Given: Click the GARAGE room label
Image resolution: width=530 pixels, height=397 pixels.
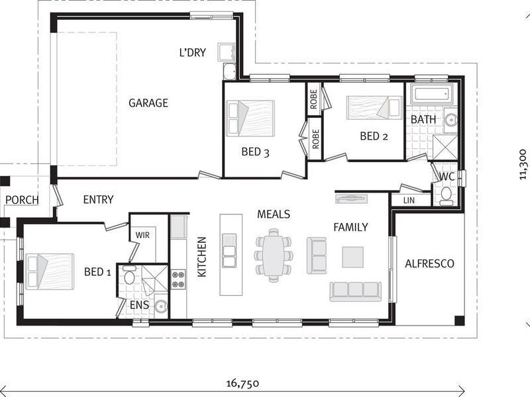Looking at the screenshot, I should click(148, 103).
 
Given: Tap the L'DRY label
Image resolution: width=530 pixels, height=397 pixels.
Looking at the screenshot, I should click(193, 52).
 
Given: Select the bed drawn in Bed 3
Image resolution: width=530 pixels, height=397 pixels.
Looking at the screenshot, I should click(250, 118).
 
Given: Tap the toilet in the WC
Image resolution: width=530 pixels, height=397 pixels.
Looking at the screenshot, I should click(446, 194).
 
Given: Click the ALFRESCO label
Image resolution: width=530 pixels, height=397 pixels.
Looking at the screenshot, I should click(429, 263).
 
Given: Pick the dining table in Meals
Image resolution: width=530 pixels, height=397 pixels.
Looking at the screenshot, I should click(272, 255).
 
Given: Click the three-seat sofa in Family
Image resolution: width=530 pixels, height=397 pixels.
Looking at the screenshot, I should click(356, 291).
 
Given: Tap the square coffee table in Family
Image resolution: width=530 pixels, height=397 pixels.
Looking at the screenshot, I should click(352, 257).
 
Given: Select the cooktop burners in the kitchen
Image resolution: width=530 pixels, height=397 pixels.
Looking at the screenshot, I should click(178, 279).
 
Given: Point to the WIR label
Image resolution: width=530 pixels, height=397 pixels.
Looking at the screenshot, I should click(142, 235).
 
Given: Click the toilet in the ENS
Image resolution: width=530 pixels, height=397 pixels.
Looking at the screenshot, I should click(129, 275).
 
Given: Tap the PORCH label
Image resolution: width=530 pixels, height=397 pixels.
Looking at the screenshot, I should click(22, 200).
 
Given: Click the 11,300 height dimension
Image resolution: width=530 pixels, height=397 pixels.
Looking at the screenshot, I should click(523, 165).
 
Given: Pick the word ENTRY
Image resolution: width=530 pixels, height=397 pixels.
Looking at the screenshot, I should click(98, 199).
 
